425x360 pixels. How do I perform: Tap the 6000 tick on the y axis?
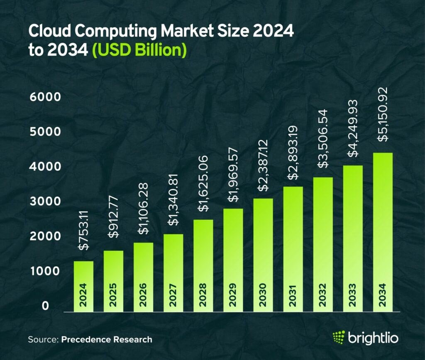[x=45, y=97]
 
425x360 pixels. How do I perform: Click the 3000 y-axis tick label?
[x=45, y=202]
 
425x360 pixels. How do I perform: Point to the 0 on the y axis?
[x=46, y=306]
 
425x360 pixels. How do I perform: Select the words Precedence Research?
[x=107, y=340]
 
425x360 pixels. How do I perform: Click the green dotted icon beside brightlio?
[x=339, y=338]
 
